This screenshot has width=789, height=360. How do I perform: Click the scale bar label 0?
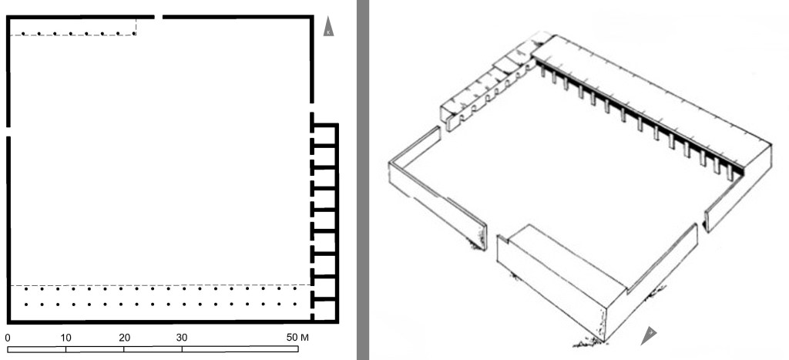(8, 338)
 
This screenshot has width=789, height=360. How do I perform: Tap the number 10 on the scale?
(66, 338)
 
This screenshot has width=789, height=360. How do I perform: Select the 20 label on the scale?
(124, 338)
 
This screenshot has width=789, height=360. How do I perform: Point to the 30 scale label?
(182, 338)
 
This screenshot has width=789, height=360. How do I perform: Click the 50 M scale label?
(297, 338)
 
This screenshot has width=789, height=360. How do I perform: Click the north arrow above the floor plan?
(328, 26)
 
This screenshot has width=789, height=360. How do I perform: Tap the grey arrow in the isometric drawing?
(649, 335)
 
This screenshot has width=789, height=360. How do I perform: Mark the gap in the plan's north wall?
(159, 17)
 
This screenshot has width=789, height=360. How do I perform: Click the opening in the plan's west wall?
(8, 131)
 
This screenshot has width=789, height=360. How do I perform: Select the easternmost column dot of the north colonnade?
(134, 34)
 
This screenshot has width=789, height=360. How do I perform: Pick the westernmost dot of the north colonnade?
(23, 34)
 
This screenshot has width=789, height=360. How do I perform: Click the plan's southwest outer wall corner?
(8, 321)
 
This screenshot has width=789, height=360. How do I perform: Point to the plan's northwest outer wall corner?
(8, 17)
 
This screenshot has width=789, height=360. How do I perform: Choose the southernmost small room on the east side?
(324, 310)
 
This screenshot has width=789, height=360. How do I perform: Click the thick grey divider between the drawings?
(362, 180)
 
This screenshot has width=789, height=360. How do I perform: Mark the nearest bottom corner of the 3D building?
(603, 341)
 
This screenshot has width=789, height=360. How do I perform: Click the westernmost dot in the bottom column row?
(26, 304)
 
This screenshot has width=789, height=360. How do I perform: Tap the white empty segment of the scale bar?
(240, 349)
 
